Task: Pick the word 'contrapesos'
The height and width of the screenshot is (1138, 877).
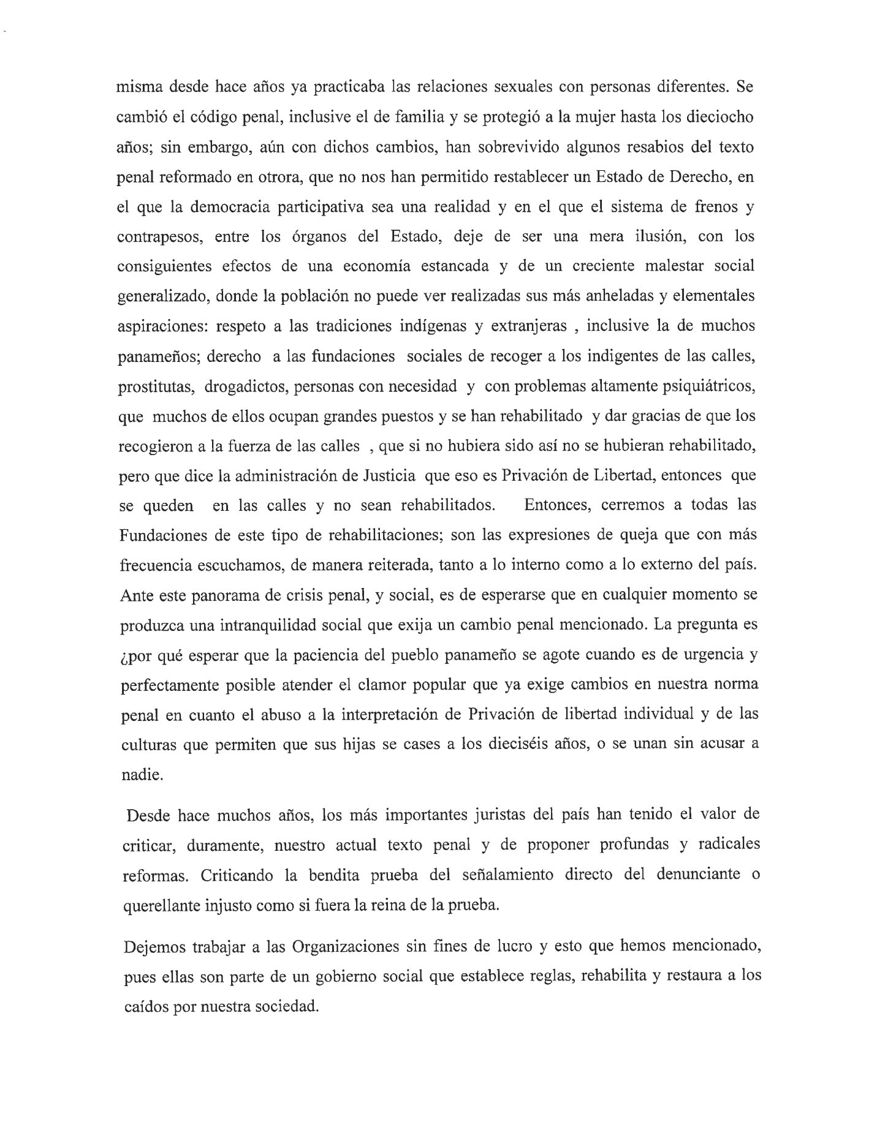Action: (159, 237)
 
